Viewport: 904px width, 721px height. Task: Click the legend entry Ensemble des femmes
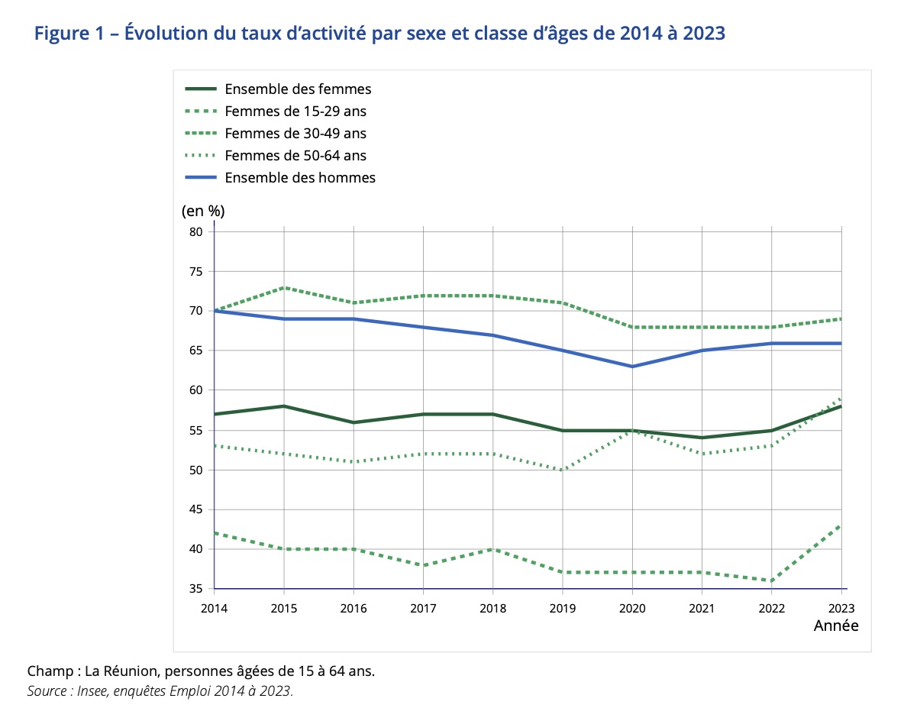[298, 89]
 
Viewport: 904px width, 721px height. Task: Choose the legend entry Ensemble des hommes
[300, 178]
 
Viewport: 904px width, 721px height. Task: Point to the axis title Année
[835, 626]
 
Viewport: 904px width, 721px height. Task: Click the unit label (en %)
[203, 210]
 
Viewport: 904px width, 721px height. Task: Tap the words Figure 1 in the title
[69, 34]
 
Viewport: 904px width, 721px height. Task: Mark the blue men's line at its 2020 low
[632, 367]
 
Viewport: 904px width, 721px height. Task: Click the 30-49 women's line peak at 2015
[284, 287]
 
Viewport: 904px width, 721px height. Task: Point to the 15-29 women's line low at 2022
[771, 580]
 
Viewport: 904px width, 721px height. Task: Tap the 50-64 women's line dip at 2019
[563, 470]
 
